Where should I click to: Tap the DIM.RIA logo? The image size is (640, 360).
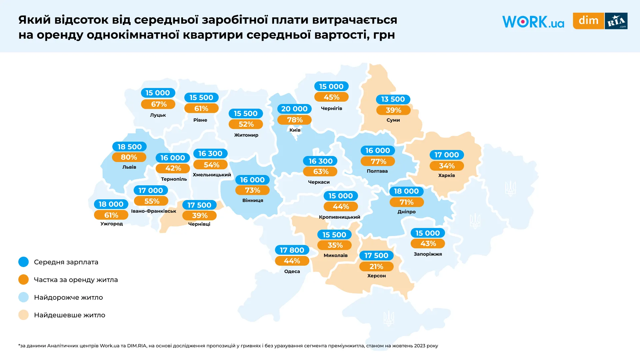[600, 21]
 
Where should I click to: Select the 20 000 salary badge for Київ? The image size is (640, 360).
[294, 109]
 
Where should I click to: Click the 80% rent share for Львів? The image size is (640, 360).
[129, 157]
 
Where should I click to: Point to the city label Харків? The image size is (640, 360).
[446, 175]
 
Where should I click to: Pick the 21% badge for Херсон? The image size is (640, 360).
[376, 267]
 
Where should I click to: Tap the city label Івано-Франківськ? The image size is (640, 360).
[153, 211]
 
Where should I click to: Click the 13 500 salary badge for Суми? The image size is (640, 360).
[393, 99]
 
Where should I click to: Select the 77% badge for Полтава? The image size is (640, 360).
[378, 162]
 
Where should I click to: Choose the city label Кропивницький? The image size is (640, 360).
[339, 217]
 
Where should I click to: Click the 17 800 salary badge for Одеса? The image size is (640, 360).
[292, 250]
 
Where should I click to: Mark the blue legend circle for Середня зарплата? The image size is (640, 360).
[24, 262]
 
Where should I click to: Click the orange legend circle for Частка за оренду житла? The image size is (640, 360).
[24, 280]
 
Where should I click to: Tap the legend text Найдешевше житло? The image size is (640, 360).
[69, 315]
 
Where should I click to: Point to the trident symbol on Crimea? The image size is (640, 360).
[388, 318]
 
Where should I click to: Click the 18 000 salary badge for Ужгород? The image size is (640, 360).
[111, 204]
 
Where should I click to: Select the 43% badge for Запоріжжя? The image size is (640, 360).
[428, 244]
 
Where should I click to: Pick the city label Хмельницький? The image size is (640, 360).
[212, 175]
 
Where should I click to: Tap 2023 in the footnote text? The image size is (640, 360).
[419, 346]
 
